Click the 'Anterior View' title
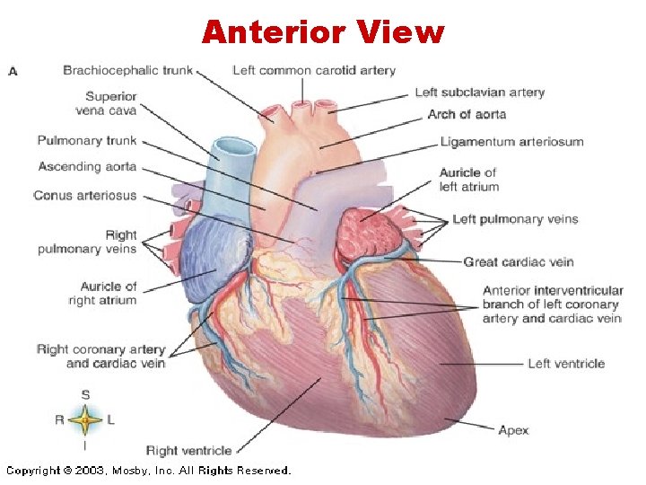click(x=323, y=32)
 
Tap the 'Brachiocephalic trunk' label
click(x=127, y=70)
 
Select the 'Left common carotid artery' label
click(x=313, y=70)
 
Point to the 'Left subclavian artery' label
click(x=479, y=93)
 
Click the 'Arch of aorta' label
click(x=467, y=114)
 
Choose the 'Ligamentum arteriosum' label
click(x=511, y=142)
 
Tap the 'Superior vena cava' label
click(x=111, y=103)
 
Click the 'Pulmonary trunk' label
click(x=87, y=141)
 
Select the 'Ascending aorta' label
click(x=87, y=167)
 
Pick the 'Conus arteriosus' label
click(x=84, y=195)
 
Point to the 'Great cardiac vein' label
click(x=519, y=262)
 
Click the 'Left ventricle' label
click(x=566, y=364)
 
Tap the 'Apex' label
click(x=513, y=430)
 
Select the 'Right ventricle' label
click(x=188, y=450)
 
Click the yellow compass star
click(x=85, y=419)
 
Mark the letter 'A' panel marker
click(x=13, y=71)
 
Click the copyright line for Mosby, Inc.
click(x=149, y=471)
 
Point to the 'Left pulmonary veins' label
click(x=515, y=219)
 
